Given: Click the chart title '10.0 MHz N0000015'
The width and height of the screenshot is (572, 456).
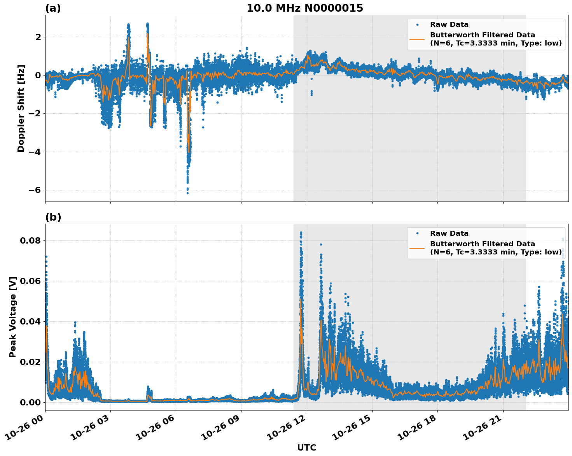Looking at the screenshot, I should (304, 8).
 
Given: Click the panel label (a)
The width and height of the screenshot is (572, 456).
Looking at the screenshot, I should (53, 8).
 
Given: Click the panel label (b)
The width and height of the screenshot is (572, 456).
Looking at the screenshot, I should (53, 217).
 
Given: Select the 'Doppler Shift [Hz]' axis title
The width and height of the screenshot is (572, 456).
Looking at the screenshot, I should (21, 108).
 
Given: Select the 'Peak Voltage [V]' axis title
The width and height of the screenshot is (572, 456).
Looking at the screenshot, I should (13, 317).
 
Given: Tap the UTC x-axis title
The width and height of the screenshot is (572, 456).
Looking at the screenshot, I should (306, 447).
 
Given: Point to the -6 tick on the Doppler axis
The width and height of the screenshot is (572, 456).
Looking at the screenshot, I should (36, 190).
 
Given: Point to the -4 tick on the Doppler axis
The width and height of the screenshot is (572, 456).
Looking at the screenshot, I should (36, 152).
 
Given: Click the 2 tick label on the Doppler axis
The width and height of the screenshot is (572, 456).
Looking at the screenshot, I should (38, 37).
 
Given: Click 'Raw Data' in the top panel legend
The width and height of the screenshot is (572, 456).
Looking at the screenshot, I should (449, 25).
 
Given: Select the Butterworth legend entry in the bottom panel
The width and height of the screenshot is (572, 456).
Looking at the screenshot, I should (495, 248).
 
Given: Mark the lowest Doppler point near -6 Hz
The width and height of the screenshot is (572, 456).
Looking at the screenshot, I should (187, 193).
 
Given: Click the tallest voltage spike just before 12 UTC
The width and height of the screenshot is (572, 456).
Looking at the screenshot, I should (301, 233).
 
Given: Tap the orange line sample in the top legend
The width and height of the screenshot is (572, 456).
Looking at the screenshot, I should (417, 39).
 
